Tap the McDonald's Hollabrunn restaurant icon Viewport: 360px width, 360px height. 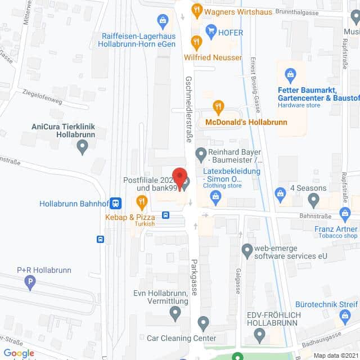[218, 106]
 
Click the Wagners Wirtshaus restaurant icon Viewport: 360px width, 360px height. [196, 9]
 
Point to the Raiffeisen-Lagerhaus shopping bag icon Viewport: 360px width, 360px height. [163, 22]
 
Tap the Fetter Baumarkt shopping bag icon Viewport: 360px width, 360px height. [290, 73]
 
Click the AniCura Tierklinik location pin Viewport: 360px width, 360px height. [83, 148]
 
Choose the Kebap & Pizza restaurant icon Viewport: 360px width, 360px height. [142, 201]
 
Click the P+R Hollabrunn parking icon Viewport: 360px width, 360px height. [31, 285]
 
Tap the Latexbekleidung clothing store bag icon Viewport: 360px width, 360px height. [215, 195]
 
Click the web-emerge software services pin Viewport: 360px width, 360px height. [247, 249]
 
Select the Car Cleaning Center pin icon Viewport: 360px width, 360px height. [204, 324]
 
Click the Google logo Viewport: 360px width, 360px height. [19, 353]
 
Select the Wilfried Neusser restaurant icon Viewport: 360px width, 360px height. [196, 42]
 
